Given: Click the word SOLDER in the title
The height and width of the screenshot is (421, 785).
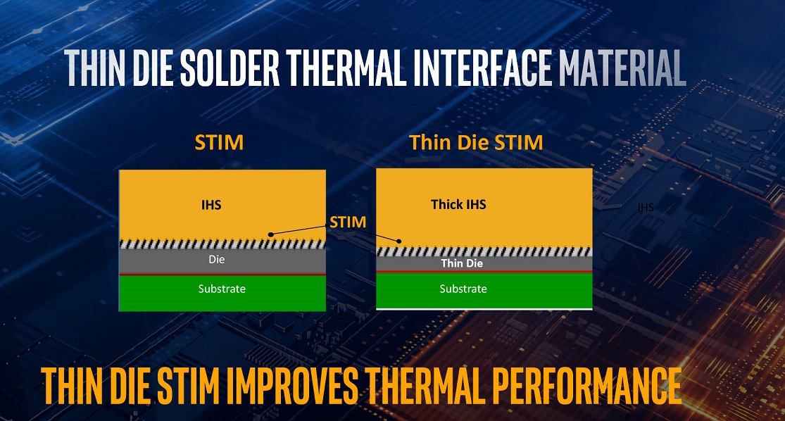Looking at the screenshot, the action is pos(230,68).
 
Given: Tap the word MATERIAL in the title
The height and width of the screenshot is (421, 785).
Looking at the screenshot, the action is pos(622,68).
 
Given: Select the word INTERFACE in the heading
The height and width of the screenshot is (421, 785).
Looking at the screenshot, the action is pos(482,68).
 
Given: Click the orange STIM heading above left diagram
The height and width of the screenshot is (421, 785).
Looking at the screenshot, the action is pos(219,143).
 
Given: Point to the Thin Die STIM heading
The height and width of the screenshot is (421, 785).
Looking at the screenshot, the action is pos(476,143).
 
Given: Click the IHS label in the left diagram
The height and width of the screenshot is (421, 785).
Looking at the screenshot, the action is pos(211,205).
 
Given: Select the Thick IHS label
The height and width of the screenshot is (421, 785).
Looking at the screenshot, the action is pos(458,204).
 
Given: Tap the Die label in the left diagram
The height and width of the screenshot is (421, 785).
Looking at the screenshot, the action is pos(217,259).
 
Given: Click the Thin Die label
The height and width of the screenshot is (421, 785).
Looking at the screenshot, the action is pos(462,263).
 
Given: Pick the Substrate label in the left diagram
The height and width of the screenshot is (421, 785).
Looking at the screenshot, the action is pos(222,289).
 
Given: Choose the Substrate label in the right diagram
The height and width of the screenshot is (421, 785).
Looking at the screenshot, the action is pos(463,289).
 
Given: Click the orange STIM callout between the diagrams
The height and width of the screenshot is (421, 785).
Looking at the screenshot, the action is pos(348,222).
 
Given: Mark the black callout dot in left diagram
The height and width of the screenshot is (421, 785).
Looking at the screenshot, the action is pos(271,234).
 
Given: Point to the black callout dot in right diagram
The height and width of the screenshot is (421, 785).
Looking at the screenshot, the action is pos(399,241).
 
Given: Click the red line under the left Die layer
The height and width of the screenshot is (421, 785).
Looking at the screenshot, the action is pos(222,275).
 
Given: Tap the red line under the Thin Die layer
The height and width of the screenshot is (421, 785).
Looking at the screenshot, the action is pos(484,272).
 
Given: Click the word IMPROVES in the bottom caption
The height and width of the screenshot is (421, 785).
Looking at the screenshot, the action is pos(291,387).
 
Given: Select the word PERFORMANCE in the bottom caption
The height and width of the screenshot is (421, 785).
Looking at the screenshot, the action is pos(586,387).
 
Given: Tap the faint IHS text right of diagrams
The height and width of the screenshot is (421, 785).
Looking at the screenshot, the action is pos(646,207).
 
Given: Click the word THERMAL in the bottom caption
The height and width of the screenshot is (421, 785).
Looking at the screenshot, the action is pos(425,387).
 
